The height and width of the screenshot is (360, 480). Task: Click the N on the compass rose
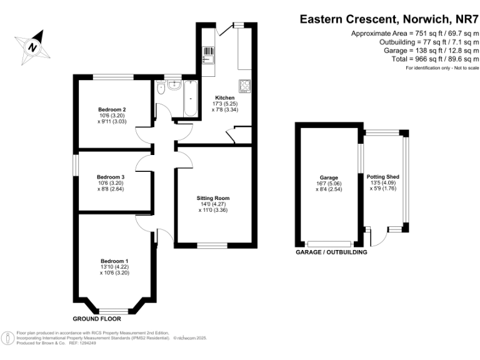[32, 47]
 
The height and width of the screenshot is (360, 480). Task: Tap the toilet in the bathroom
[161, 87]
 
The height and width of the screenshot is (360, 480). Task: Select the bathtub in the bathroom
[191, 98]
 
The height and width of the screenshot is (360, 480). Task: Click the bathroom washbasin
[174, 85]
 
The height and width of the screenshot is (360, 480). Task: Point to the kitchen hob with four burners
[245, 86]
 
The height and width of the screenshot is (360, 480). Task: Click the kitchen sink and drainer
[209, 55]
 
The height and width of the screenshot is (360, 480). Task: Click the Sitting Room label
[213, 198]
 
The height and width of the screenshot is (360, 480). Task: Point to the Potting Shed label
[383, 177]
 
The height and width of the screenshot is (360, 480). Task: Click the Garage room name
[329, 177]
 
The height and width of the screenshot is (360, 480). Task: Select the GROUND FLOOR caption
[97, 319]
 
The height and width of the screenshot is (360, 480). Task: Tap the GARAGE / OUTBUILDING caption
[331, 252]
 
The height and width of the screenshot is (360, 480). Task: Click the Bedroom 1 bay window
[114, 311]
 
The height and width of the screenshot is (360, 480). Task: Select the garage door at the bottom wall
[329, 244]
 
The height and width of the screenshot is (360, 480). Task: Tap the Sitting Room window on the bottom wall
[212, 245]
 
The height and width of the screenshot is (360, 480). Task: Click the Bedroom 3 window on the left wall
[76, 165]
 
